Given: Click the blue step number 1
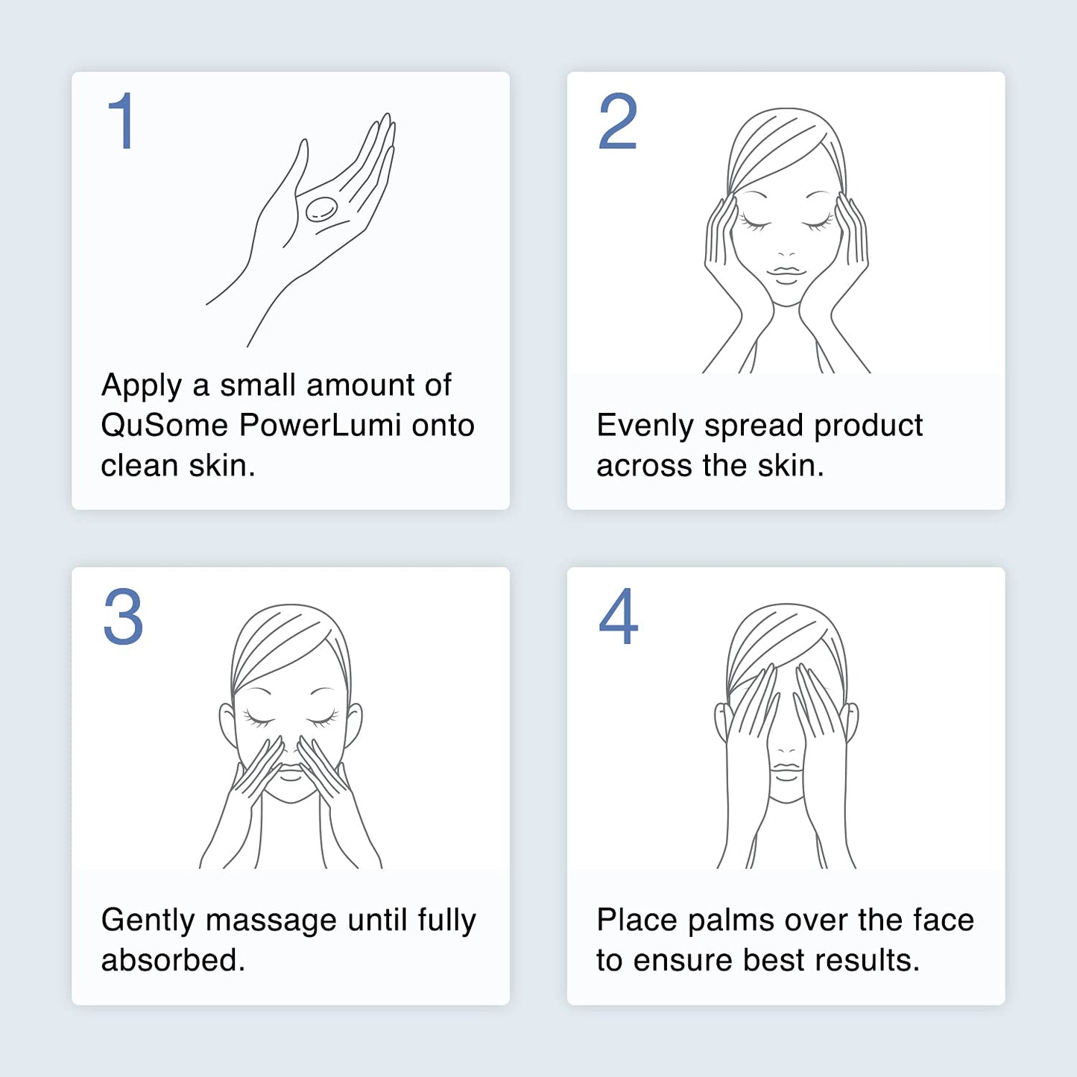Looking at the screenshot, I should point(121,121).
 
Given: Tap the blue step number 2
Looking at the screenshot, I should point(618,121).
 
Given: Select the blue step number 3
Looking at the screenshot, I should point(123,616).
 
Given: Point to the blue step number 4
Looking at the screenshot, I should point(619,616).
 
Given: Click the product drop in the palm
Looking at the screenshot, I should point(321,209).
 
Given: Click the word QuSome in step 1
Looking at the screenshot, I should point(164,426).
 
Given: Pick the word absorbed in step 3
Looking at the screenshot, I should point(173,960).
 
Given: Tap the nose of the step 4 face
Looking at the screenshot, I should point(786,745).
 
